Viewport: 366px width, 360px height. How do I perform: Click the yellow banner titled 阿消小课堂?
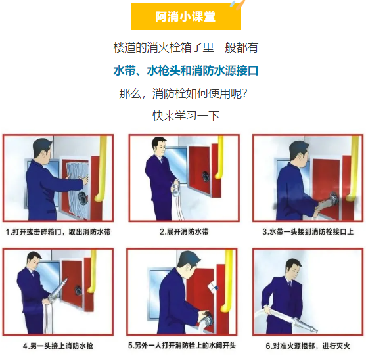(186, 16)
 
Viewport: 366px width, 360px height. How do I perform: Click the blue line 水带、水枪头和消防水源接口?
(186, 70)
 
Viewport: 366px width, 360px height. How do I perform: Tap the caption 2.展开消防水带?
(184, 232)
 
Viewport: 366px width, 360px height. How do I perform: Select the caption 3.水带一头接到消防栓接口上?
(308, 232)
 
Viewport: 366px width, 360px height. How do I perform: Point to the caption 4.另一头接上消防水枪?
(58, 346)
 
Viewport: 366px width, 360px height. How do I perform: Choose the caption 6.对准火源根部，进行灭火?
(308, 346)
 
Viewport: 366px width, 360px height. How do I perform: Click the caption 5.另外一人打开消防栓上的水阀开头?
(182, 345)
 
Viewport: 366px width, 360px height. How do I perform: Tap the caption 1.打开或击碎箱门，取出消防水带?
(58, 232)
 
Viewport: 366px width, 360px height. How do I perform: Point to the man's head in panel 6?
(292, 267)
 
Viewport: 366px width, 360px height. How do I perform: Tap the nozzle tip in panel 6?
(316, 330)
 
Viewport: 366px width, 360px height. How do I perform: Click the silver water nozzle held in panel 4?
(58, 289)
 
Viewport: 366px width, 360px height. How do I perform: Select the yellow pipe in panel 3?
(353, 169)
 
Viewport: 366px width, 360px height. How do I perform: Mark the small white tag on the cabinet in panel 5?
(213, 288)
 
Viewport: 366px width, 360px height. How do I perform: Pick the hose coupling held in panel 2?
(175, 189)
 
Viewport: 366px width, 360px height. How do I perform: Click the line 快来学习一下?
(186, 116)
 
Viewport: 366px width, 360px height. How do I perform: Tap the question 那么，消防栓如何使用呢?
(183, 93)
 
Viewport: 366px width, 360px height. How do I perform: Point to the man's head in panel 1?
(42, 149)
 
